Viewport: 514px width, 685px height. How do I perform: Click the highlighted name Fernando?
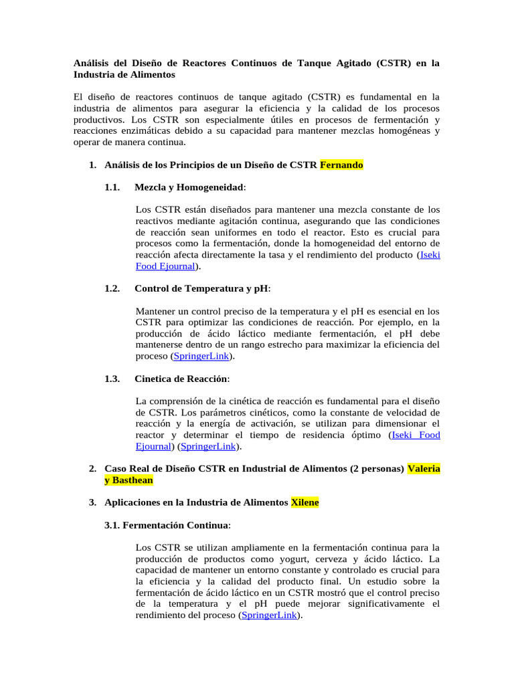[x=341, y=165]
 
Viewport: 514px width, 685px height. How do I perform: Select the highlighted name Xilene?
[x=305, y=502]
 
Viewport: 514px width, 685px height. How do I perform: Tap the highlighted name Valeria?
[x=424, y=469]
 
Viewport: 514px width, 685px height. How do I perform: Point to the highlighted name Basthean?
[x=133, y=480]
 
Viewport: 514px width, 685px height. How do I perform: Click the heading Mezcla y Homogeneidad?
[x=189, y=187]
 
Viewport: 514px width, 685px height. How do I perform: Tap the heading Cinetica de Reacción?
[x=181, y=379]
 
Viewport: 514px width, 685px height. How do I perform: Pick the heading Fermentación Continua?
[x=167, y=525]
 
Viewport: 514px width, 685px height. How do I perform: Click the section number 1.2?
[x=112, y=288]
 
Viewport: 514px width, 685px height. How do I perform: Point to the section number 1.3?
[x=112, y=379]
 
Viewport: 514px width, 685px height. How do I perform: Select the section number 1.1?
[x=112, y=187]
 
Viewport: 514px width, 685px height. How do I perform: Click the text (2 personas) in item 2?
[x=376, y=469]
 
